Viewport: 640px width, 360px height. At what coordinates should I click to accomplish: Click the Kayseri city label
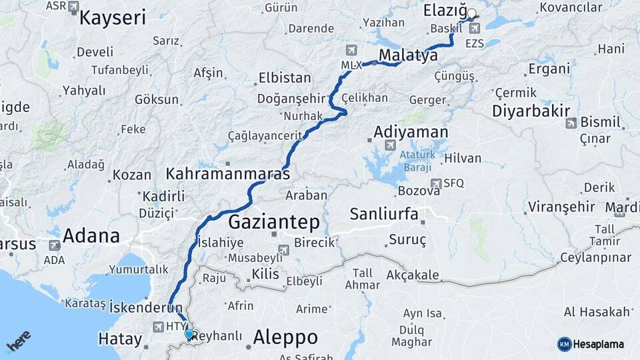[x=112, y=17]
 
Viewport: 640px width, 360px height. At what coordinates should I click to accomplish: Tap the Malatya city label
[x=408, y=55]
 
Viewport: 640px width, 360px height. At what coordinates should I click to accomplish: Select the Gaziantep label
[x=274, y=221]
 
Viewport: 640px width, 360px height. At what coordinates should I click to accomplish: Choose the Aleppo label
[x=285, y=335]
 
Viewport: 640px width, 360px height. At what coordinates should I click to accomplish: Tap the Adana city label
[x=91, y=235]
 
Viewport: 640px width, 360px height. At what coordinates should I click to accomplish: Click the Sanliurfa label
[x=384, y=214]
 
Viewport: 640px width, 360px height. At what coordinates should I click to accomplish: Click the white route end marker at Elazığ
[x=471, y=13]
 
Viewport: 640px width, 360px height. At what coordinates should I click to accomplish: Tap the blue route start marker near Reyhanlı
[x=189, y=334]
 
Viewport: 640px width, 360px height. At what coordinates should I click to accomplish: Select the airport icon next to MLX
[x=351, y=51]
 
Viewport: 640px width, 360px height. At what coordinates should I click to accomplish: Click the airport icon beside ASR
[x=73, y=7]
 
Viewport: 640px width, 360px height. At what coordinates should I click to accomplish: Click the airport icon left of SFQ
[x=435, y=183]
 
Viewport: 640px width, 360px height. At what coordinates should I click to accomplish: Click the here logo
[x=19, y=341]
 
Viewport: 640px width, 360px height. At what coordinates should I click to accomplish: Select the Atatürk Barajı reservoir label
[x=417, y=160]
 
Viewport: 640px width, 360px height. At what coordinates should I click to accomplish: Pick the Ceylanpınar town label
[x=595, y=257]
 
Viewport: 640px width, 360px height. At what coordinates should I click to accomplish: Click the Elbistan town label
[x=285, y=77]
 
